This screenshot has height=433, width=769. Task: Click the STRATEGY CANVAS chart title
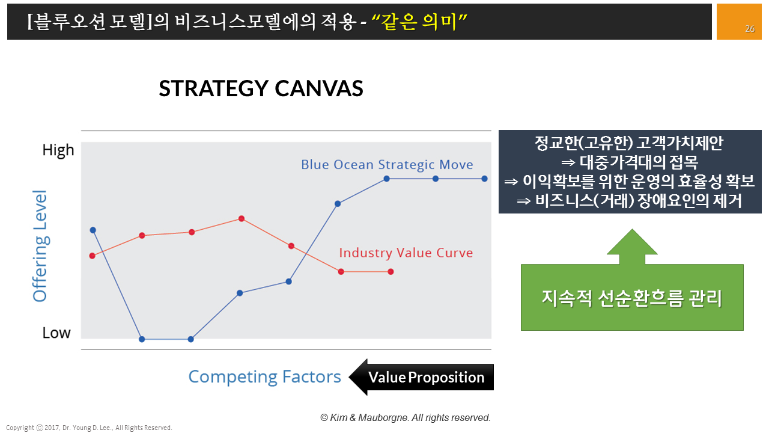pyautogui.click(x=261, y=88)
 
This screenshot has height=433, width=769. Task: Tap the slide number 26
pyautogui.click(x=750, y=29)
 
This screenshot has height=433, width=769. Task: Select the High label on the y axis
pyautogui.click(x=58, y=150)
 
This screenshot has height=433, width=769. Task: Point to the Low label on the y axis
pyautogui.click(x=56, y=333)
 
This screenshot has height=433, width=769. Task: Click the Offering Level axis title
pyautogui.click(x=40, y=246)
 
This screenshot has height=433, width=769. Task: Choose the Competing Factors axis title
pyautogui.click(x=265, y=376)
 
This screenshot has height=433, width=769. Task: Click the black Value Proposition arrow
pyautogui.click(x=421, y=377)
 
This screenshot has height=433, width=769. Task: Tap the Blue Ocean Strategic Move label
pyautogui.click(x=387, y=165)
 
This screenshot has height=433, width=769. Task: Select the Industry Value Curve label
pyautogui.click(x=406, y=253)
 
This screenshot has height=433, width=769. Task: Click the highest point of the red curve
pyautogui.click(x=242, y=218)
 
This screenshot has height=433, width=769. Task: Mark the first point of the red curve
pyautogui.click(x=92, y=256)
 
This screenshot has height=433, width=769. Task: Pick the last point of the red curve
pyautogui.click(x=391, y=272)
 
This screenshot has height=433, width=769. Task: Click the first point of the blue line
pyautogui.click(x=93, y=230)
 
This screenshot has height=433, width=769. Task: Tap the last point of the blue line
pyautogui.click(x=484, y=179)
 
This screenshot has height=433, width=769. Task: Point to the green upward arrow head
pyautogui.click(x=632, y=242)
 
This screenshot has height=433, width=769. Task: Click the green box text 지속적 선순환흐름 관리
pyautogui.click(x=632, y=298)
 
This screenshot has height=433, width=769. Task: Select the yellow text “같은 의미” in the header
pyautogui.click(x=419, y=22)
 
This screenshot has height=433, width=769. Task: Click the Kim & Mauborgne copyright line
pyautogui.click(x=406, y=417)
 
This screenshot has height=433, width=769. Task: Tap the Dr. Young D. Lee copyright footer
pyautogui.click(x=89, y=428)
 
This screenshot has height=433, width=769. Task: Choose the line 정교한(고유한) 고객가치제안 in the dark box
pyautogui.click(x=629, y=143)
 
